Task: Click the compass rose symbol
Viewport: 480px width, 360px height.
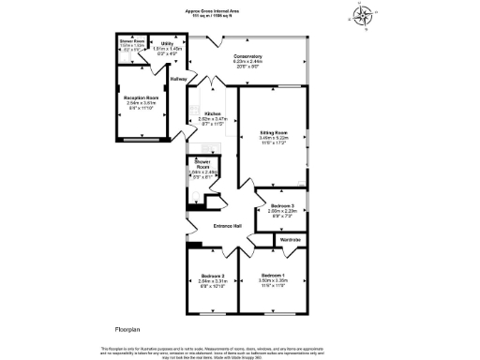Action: (x=362, y=16)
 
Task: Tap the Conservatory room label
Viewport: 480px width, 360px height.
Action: (x=247, y=57)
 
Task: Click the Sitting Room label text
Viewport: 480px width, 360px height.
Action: (x=273, y=134)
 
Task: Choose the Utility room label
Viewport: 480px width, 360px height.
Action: (x=165, y=43)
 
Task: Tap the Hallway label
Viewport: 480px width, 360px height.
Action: (x=178, y=79)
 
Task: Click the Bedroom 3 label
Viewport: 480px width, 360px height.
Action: (x=282, y=205)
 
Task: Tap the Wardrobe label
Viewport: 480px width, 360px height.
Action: (x=292, y=241)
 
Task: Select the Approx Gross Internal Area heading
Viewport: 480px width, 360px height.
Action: (x=239, y=11)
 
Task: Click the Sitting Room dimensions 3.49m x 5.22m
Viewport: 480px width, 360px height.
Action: (x=273, y=140)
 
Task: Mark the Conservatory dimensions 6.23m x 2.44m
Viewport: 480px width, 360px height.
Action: (x=247, y=63)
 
